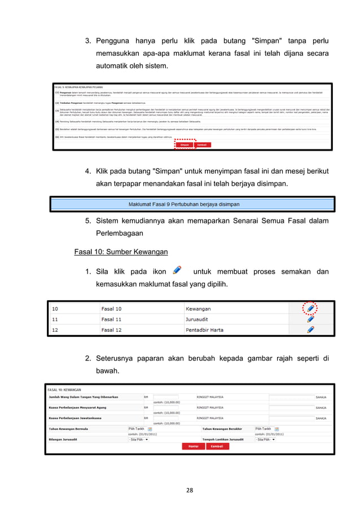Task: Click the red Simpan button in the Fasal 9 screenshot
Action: tap(185, 144)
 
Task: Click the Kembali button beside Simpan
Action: tap(201, 144)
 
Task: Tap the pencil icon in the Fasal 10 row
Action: tap(310, 309)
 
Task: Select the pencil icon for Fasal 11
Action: tap(310, 319)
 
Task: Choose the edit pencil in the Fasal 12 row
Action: tap(310, 329)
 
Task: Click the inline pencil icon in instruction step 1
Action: tap(177, 271)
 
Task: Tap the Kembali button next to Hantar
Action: tap(217, 446)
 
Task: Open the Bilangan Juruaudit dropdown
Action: tap(139, 439)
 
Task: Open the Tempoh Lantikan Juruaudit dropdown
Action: tap(265, 439)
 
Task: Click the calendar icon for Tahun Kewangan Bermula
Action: tap(150, 429)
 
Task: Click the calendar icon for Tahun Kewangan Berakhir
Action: tap(276, 429)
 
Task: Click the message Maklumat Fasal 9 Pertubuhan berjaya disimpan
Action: tap(184, 204)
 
